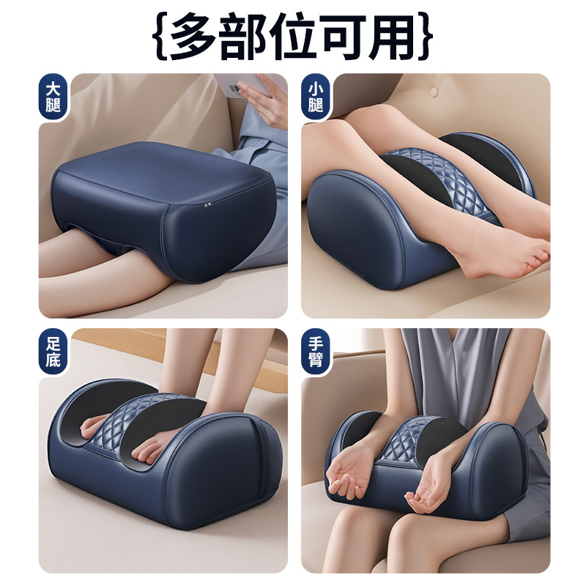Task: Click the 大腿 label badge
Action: click(x=53, y=97)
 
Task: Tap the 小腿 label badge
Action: click(x=316, y=97)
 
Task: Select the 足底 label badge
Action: click(x=53, y=352)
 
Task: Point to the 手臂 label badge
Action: click(x=316, y=352)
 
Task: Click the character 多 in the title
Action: click(x=192, y=36)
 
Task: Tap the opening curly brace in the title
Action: click(x=160, y=36)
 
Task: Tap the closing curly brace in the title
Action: click(x=426, y=36)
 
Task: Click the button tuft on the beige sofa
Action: click(x=434, y=91)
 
